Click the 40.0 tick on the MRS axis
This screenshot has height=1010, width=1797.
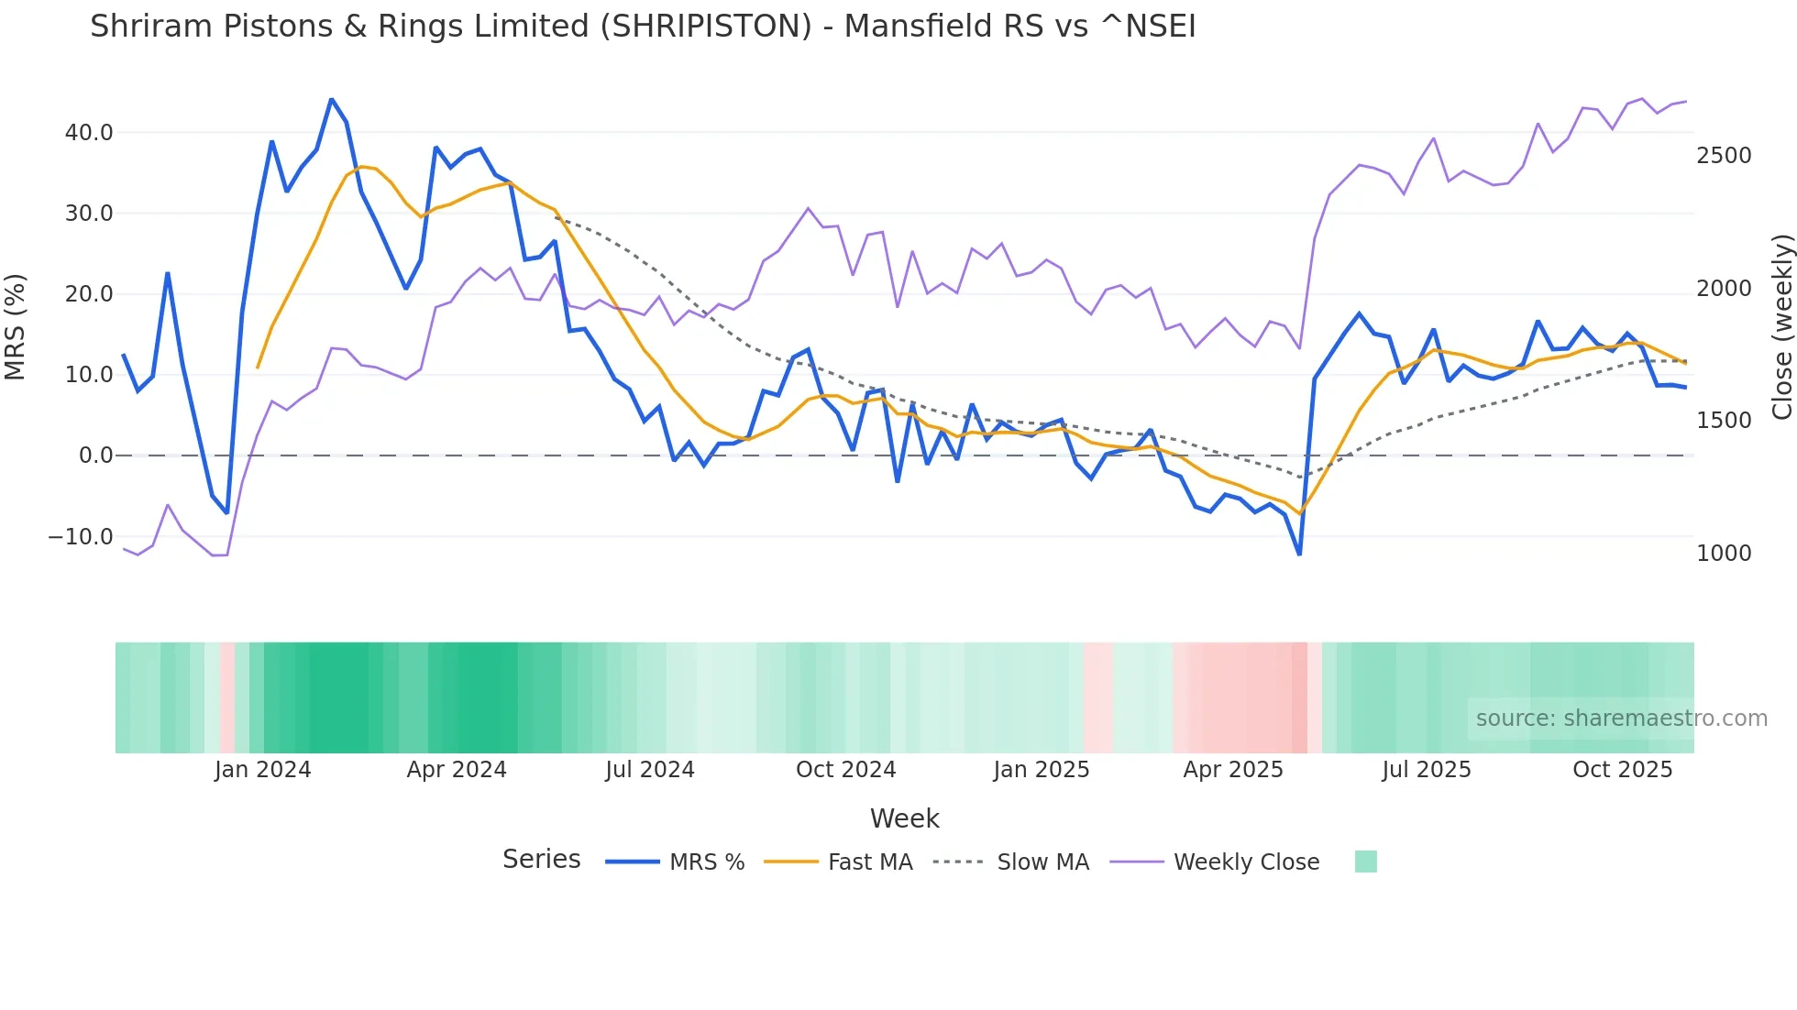pos(88,133)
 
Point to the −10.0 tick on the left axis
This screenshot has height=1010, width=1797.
pos(81,537)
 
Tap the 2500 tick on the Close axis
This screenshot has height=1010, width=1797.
pos(1724,156)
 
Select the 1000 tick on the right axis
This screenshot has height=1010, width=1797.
pos(1724,554)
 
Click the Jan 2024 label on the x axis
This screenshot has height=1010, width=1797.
pos(263,770)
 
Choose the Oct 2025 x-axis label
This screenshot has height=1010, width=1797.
pos(1622,770)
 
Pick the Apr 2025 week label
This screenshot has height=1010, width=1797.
pos(1233,770)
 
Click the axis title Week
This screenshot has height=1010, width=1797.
pos(904,818)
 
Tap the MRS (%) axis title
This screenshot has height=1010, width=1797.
pos(16,327)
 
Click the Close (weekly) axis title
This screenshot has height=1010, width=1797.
pos(1781,327)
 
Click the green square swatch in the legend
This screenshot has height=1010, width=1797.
pos(1365,862)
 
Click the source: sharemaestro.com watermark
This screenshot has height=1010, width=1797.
pos(1621,719)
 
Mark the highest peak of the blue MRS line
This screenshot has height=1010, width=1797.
pos(331,99)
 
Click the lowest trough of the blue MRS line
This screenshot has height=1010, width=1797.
pos(1299,554)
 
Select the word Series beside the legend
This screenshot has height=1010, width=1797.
pos(541,860)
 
